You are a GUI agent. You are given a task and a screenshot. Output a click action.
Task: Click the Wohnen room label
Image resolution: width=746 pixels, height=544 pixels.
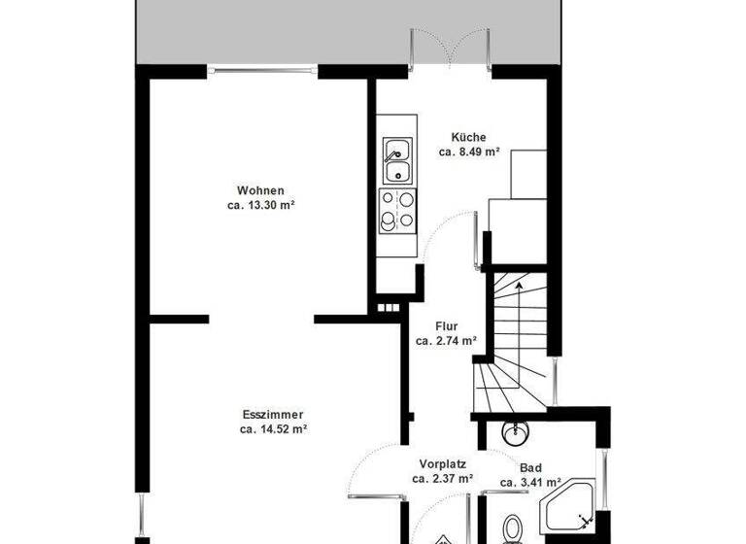pos(260,190)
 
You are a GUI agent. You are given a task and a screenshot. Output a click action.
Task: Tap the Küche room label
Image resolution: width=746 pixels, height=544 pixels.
pos(468,137)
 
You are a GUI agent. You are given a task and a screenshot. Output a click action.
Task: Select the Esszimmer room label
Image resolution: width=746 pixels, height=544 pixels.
pos(273,413)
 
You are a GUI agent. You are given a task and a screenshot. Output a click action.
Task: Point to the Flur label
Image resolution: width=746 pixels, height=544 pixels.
pos(447,326)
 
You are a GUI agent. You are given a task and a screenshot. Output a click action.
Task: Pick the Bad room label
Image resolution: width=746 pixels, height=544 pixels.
pos(530,467)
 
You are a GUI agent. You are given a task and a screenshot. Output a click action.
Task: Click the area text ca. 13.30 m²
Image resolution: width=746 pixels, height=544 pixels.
pos(260,205)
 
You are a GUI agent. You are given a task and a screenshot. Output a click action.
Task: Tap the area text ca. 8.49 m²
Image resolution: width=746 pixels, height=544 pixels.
pos(468,152)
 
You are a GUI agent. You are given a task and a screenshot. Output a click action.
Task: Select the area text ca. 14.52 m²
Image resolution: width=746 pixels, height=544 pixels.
pos(273,427)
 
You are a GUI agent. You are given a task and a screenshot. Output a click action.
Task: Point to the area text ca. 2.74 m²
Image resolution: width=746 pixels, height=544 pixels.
pos(447,341)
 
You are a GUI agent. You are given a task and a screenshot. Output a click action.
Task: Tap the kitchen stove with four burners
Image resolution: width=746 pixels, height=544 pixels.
pos(396,211)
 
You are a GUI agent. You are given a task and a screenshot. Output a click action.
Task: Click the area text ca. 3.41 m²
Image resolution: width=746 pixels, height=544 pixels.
pos(530,482)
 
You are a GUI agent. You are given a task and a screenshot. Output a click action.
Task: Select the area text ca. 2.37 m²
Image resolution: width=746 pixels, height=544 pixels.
pos(442,478)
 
